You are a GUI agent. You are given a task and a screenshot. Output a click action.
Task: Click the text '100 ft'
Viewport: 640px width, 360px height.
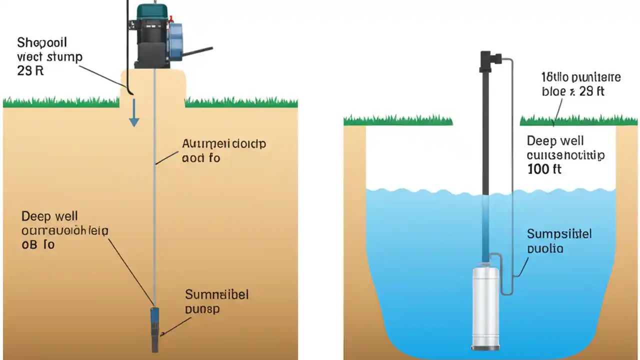544,169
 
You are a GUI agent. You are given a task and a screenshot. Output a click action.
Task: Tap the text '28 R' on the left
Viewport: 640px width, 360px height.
30,70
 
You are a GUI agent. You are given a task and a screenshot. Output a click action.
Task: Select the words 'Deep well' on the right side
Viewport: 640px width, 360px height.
555,141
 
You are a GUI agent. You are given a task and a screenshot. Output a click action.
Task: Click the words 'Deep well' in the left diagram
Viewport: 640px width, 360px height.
49,216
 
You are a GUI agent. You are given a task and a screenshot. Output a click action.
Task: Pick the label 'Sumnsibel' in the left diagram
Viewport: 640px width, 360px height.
216,294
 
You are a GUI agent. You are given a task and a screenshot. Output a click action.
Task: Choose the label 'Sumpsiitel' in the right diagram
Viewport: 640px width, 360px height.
559,234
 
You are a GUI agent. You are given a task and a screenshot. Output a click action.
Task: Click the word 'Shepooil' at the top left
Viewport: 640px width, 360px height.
42,41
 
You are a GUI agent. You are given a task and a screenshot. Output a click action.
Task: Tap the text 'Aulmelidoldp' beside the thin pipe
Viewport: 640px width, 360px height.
223,144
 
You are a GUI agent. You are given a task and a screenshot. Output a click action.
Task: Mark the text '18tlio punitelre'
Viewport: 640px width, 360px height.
581,77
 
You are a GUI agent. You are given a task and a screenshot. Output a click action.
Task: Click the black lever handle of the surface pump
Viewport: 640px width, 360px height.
197,51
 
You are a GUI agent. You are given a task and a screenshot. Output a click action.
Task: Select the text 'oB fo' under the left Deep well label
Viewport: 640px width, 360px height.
38,244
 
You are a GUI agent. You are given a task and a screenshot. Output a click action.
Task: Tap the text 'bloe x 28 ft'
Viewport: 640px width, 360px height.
573,91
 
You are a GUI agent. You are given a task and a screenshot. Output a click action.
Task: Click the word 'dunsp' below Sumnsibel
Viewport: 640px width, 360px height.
202,309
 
